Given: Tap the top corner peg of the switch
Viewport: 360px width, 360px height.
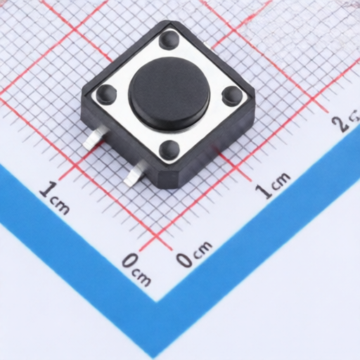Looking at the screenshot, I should (169, 39).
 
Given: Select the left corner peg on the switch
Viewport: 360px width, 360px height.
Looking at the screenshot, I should (106, 92).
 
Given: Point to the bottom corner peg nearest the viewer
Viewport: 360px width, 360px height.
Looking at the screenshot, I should (169, 149).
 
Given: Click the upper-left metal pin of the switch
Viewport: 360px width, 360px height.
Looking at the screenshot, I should (91, 141).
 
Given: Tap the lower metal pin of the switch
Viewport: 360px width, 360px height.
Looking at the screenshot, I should (133, 175).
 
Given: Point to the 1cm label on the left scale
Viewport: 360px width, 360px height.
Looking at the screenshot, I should (55, 196).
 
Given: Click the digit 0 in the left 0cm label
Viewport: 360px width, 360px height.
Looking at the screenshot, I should (130, 262).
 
